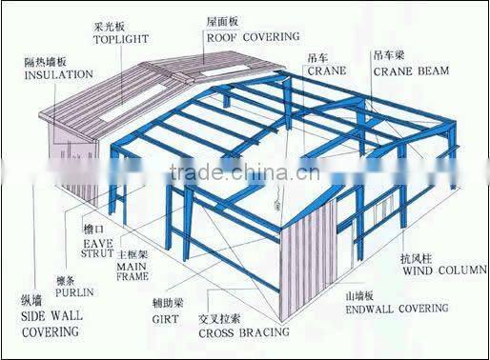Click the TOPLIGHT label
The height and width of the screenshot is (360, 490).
(x=122, y=41)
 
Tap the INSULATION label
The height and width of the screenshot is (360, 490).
(x=58, y=73)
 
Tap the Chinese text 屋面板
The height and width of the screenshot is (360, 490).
(x=221, y=21)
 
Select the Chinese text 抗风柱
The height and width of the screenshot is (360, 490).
(x=415, y=257)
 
